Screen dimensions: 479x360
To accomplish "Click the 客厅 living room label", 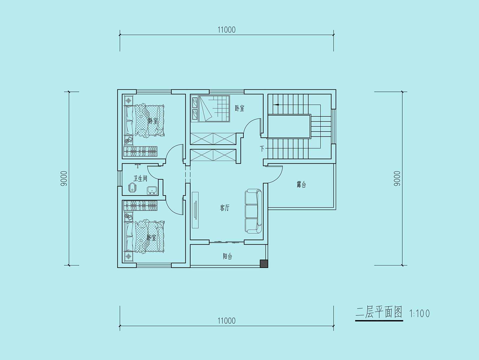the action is pos(225,208).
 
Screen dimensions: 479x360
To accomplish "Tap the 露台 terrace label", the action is pos(301,185).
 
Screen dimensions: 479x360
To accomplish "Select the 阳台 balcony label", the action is pos(227,256).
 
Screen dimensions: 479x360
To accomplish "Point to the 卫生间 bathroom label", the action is pos(140,179).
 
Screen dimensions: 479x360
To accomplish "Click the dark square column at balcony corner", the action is pos(264,264).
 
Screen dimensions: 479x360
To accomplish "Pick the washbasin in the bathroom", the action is pos(152,190).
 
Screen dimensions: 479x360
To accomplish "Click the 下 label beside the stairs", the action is pos(262,149).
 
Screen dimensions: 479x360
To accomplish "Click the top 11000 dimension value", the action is pos(227,29).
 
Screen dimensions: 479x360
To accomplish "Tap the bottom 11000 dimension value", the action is pos(227,321).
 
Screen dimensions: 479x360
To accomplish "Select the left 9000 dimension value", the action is pos(64,179).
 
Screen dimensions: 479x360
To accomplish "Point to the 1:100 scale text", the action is pos(420,314).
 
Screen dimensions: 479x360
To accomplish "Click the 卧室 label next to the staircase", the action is pos(239,108).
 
